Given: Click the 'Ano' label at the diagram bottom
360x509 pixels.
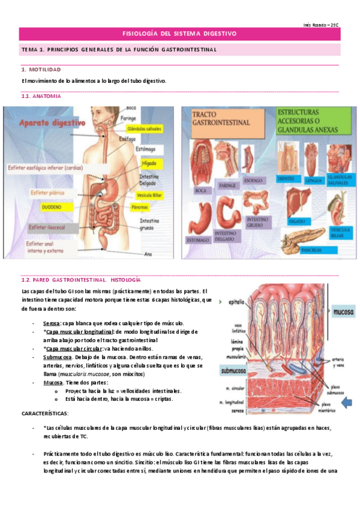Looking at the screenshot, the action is click(x=147, y=254).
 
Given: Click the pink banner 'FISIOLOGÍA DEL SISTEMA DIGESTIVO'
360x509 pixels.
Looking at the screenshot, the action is click(x=179, y=34).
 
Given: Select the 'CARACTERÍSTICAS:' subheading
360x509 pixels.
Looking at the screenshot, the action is click(x=45, y=414).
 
